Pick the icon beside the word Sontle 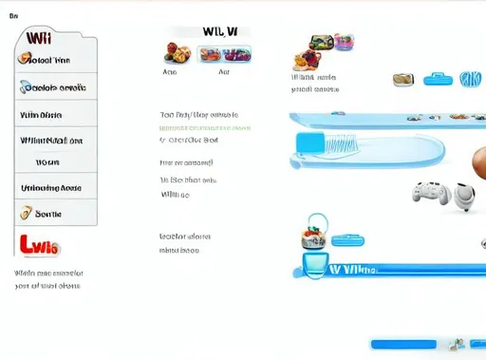27,214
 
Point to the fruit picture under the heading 176,52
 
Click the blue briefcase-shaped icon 438,77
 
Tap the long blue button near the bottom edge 402,343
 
